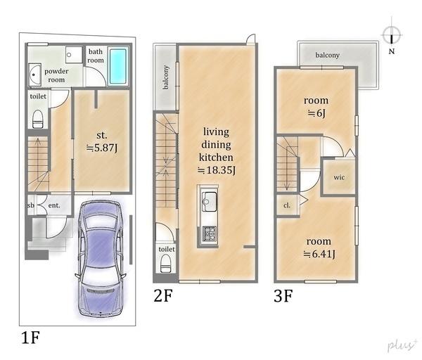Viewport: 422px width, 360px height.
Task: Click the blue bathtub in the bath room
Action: (118, 66)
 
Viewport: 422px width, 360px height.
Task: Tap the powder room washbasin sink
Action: (34, 75)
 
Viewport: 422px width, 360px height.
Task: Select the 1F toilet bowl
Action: (38, 119)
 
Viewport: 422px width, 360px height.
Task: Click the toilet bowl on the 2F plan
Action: (165, 264)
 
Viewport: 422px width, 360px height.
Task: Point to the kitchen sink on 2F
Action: (210, 201)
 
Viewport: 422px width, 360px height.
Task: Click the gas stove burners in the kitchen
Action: (210, 233)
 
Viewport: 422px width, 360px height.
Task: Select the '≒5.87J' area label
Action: (102, 148)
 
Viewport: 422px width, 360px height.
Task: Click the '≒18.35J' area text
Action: (217, 170)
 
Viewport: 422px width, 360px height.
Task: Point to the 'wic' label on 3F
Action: (339, 177)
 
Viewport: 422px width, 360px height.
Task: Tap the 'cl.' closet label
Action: (287, 205)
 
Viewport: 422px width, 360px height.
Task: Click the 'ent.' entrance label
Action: (54, 205)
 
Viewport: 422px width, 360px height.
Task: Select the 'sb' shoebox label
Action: (31, 205)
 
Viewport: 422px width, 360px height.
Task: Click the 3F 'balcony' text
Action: (327, 55)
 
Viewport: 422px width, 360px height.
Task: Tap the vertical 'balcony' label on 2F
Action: (165, 77)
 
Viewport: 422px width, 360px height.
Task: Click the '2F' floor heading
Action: (163, 295)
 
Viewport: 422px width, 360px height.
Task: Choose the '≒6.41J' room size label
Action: (320, 254)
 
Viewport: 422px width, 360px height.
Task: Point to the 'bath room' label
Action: (96, 56)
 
